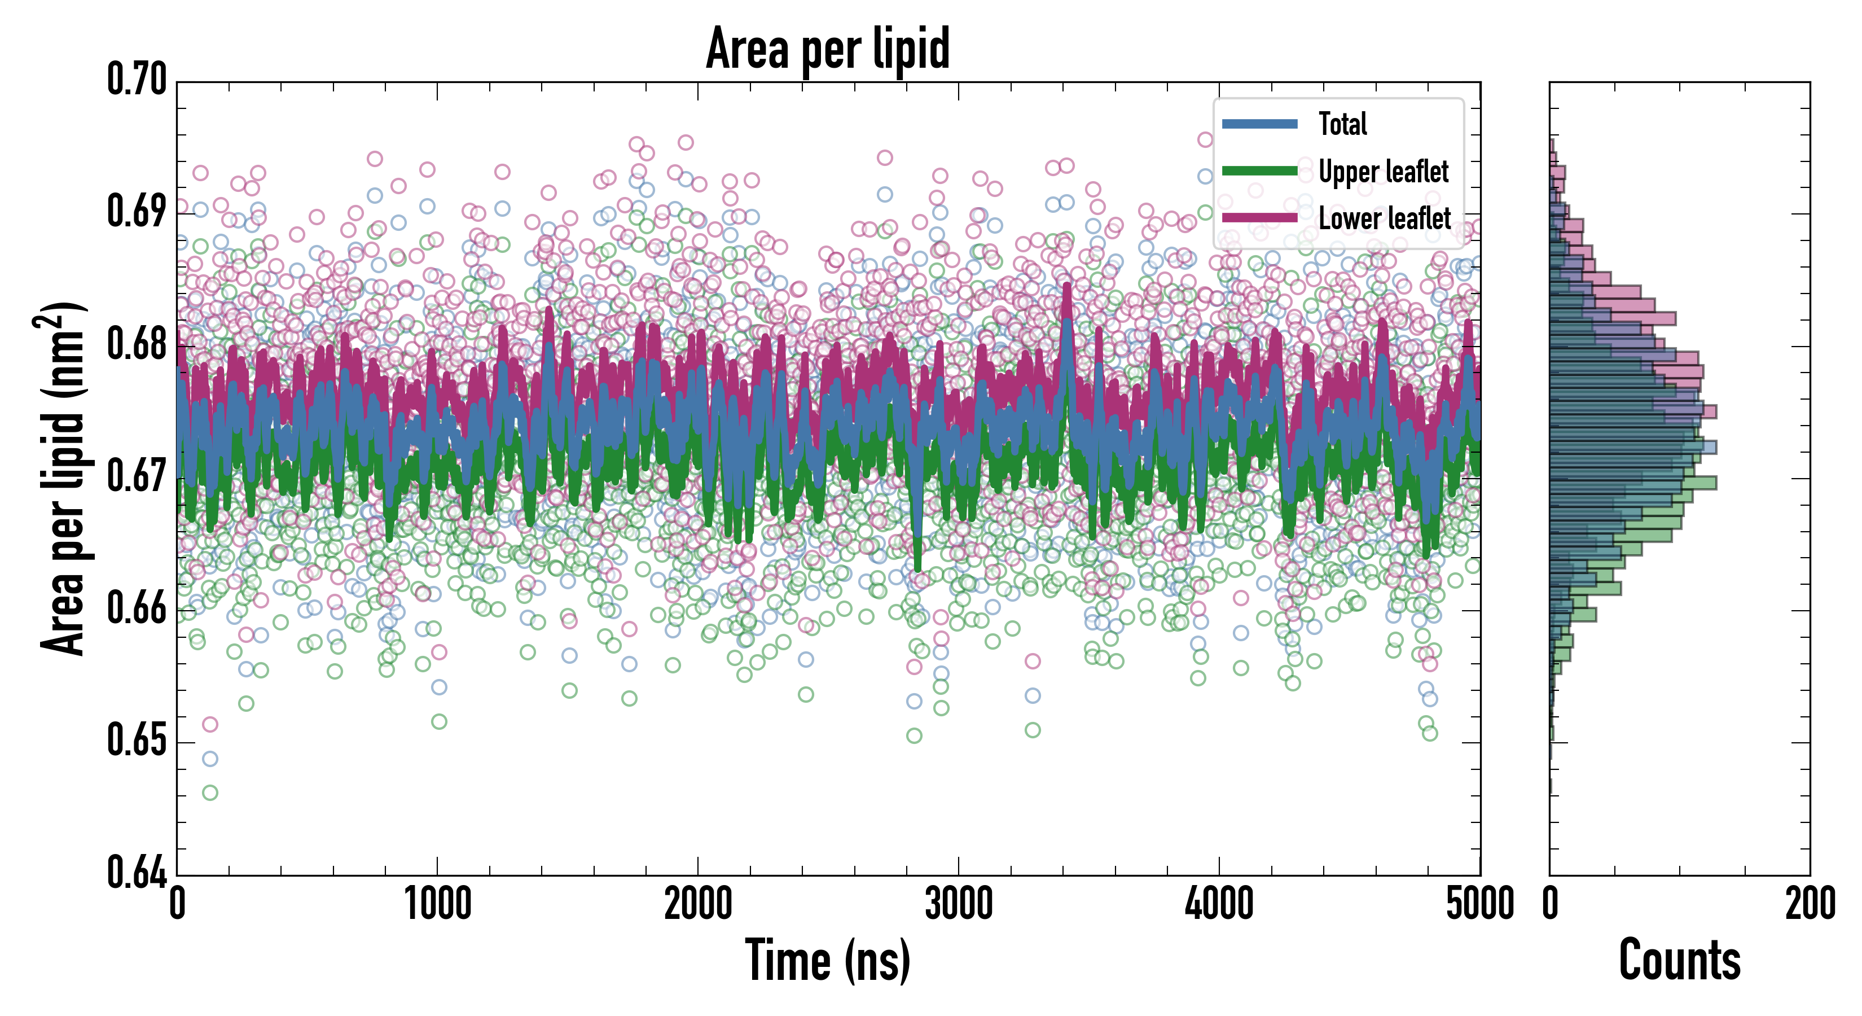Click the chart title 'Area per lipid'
click(828, 49)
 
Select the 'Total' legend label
click(1342, 124)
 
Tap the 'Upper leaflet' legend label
click(1383, 172)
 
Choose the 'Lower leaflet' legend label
click(1384, 218)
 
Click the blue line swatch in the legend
click(1259, 124)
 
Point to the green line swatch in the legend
click(1259, 170)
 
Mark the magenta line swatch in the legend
click(1259, 218)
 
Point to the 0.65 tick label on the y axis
click(137, 741)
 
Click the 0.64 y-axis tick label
click(137, 872)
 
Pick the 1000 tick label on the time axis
click(437, 904)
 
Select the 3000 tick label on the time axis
click(959, 904)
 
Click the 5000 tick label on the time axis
click(1479, 904)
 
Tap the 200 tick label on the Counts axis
click(1809, 904)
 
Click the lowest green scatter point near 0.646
click(210, 792)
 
